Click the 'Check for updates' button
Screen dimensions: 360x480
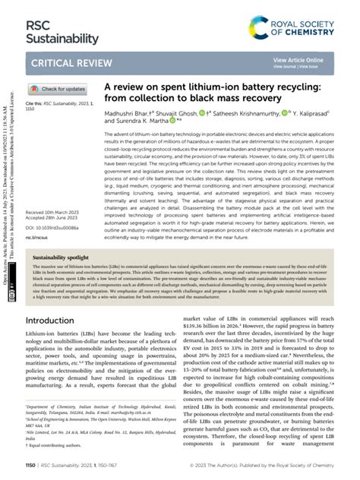click(62, 89)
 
